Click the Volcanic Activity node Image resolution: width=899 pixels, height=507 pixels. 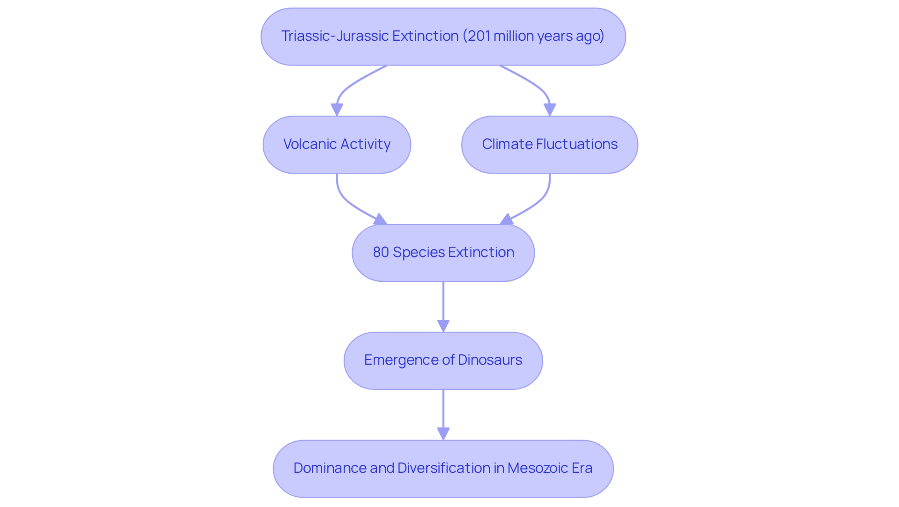pyautogui.click(x=337, y=145)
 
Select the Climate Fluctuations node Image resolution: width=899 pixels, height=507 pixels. pyautogui.click(x=549, y=145)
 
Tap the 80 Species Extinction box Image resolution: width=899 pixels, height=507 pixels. pyautogui.click(x=443, y=253)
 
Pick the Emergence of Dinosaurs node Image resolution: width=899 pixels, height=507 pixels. pyautogui.click(x=443, y=360)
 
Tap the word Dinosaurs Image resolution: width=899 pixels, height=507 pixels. pyautogui.click(x=490, y=360)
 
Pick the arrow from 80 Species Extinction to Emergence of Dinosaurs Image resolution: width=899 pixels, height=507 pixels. pyautogui.click(x=443, y=304)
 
